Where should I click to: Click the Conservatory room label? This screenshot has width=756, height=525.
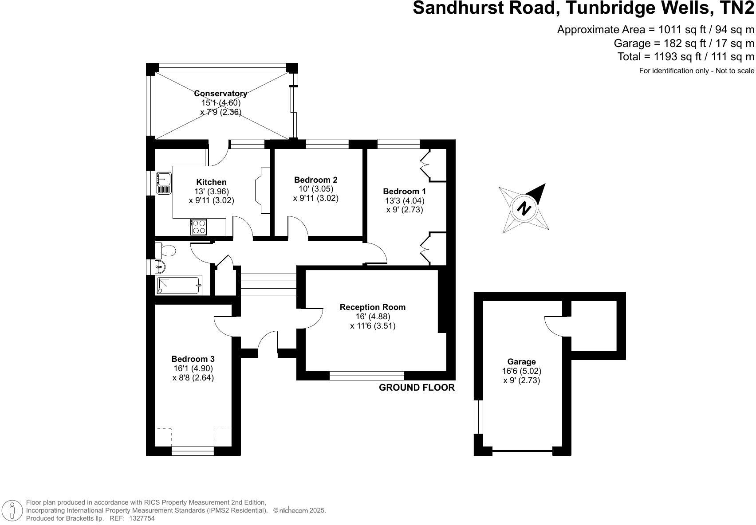(220, 94)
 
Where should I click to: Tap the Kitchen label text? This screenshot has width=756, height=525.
(211, 182)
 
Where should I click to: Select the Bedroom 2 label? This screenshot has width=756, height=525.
(315, 180)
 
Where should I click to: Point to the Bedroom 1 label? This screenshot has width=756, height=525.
(404, 192)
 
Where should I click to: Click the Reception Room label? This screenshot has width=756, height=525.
(372, 307)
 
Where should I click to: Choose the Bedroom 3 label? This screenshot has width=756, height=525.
(193, 359)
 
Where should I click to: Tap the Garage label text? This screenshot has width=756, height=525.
(521, 362)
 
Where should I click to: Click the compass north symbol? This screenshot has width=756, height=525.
(524, 208)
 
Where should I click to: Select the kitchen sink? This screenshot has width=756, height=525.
(163, 183)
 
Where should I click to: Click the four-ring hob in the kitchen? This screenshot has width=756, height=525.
(199, 227)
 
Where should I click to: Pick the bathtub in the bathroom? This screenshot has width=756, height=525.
(179, 285)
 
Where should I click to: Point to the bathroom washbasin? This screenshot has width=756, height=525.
(160, 267)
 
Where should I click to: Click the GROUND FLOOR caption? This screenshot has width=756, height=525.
(417, 388)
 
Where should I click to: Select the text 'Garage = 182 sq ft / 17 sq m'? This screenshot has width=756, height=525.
(684, 43)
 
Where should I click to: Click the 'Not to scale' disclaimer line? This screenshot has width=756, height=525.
(696, 71)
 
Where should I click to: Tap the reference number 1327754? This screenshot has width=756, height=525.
(142, 518)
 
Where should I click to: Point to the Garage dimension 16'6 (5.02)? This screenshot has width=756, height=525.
(521, 371)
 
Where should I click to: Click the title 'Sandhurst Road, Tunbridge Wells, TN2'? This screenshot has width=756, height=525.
(583, 9)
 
